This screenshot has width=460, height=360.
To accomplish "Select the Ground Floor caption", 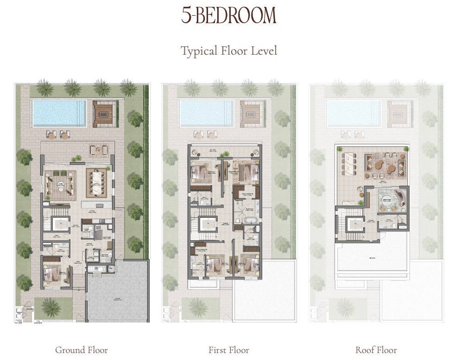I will [x=82, y=350].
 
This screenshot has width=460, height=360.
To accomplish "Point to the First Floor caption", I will [x=229, y=350].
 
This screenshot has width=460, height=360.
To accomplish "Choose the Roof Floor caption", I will [x=376, y=350].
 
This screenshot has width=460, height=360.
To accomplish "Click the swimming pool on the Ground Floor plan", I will [x=58, y=112].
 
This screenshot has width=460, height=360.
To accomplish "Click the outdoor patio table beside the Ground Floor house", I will [x=98, y=149].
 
